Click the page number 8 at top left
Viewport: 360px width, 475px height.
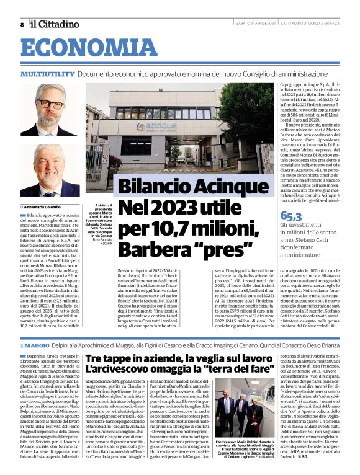click(x=23, y=24)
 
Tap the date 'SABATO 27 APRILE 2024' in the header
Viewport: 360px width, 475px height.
click(x=254, y=24)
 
